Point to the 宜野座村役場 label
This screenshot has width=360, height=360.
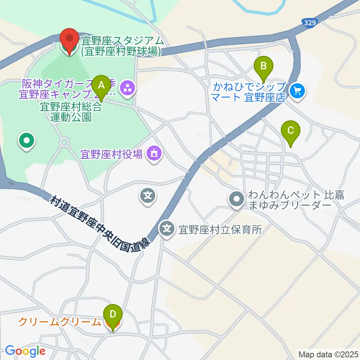pyautogui.click(x=111, y=153)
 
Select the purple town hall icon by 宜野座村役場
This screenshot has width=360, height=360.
pyautogui.click(x=154, y=153)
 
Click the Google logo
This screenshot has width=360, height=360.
pyautogui.click(x=25, y=351)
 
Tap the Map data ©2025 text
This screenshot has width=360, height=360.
pyautogui.click(x=328, y=354)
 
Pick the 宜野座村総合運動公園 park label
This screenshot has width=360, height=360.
pyautogui.click(x=71, y=112)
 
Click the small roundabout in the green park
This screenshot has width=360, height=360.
pyautogui.click(x=64, y=142)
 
